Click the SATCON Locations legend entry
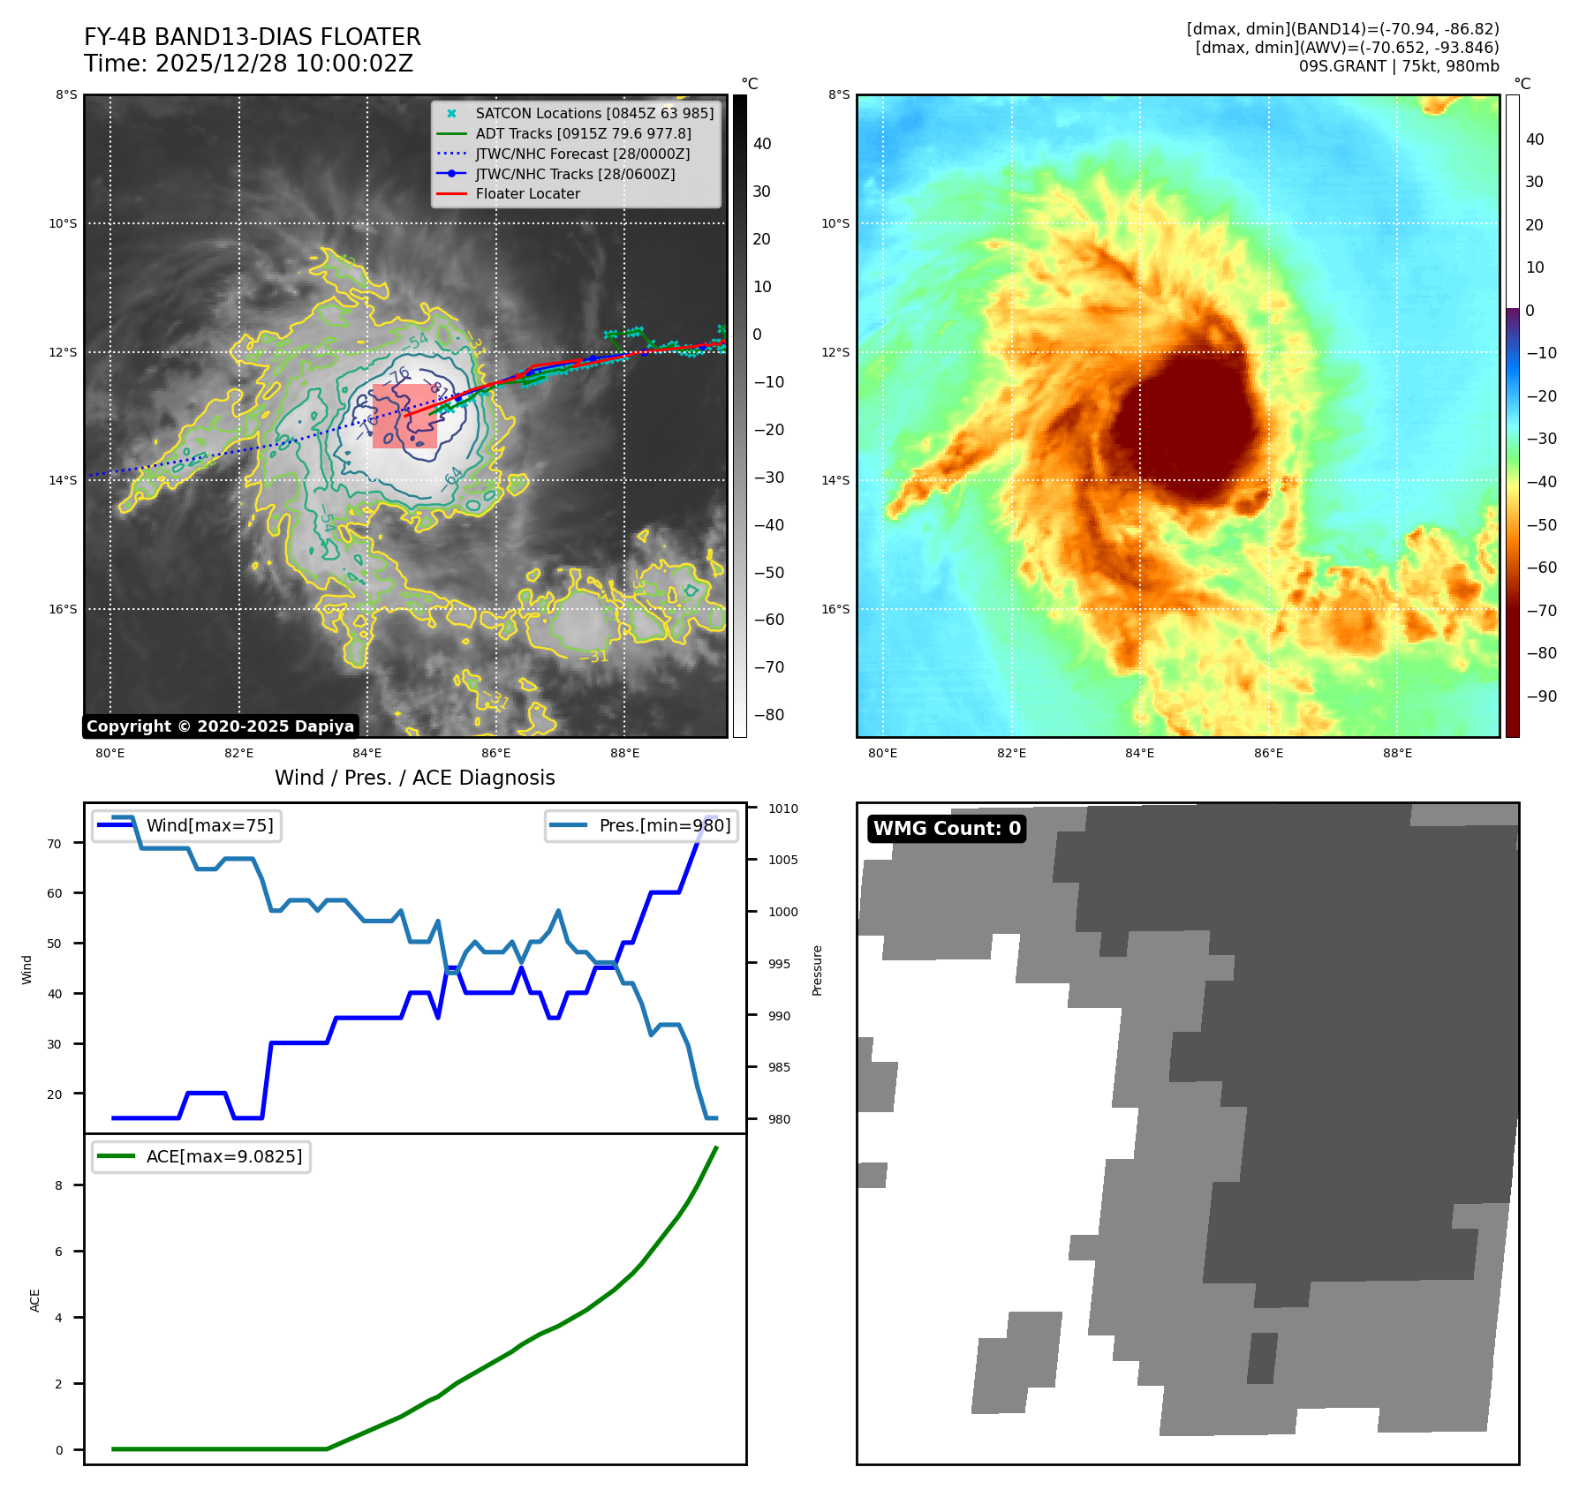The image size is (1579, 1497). [x=593, y=113]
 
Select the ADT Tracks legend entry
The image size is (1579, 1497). [x=583, y=133]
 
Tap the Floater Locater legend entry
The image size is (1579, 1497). [x=527, y=193]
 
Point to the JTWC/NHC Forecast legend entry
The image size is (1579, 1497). [x=582, y=154]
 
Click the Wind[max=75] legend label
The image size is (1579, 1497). [x=209, y=825]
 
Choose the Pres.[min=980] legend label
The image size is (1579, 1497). [x=664, y=825]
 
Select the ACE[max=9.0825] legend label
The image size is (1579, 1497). [x=223, y=1156]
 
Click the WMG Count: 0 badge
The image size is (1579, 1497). [x=947, y=828]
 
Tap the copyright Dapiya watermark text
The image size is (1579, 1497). [x=220, y=726]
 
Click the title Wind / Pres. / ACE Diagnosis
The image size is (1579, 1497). [x=414, y=778]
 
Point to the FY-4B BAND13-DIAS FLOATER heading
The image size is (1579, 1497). [x=252, y=37]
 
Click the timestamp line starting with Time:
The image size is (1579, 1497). [x=248, y=64]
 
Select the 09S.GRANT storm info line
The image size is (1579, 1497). [x=1398, y=66]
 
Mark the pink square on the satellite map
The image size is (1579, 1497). [x=404, y=416]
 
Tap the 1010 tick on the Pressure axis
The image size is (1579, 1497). [x=782, y=809]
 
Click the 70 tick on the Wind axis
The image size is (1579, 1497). [x=55, y=844]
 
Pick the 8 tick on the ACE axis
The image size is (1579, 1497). [x=58, y=1185]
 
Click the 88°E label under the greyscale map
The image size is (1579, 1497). [x=624, y=753]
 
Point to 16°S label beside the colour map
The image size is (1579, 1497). [x=835, y=609]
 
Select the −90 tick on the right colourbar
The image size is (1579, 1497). [x=1541, y=696]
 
